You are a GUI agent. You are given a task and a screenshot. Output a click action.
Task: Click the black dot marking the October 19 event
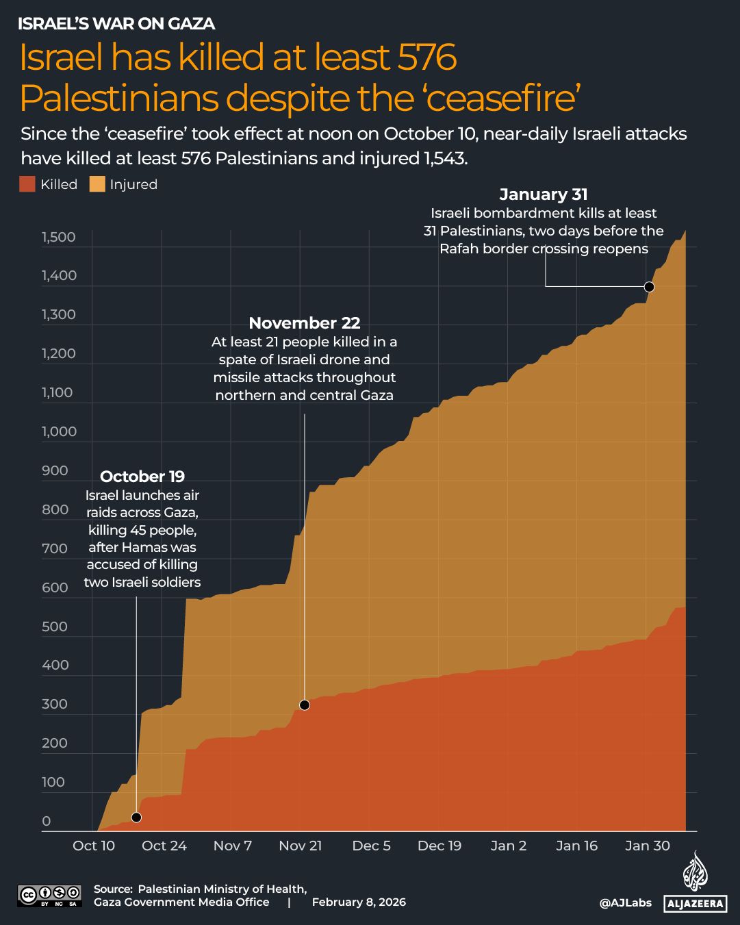[x=136, y=818]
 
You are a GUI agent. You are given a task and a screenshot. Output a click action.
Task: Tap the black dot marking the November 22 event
[x=305, y=705]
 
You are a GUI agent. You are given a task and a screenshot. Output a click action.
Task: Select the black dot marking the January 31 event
[x=649, y=287]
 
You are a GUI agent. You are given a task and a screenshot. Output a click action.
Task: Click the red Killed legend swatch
[x=27, y=184]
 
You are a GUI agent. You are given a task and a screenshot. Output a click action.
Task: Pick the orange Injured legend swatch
[x=97, y=184]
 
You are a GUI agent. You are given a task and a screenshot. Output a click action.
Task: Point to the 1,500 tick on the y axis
[x=59, y=238]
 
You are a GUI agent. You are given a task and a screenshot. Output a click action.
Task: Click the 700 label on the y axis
[x=55, y=548]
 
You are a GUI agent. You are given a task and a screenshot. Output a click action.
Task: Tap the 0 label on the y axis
[x=47, y=821]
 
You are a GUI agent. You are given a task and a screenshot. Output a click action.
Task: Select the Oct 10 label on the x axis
[x=94, y=846]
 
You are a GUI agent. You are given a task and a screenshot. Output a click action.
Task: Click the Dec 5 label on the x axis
[x=371, y=846]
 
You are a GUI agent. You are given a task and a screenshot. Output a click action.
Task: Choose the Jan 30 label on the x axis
[x=648, y=846]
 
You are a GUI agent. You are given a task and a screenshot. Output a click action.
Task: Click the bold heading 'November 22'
[x=304, y=323]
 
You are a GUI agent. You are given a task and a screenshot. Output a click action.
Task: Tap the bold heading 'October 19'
[x=142, y=477]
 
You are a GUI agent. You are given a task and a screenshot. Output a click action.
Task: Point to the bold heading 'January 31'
[x=544, y=194]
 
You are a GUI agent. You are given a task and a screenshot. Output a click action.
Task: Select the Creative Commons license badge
[x=49, y=895]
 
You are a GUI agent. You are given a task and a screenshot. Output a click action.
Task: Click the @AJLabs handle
[x=625, y=903]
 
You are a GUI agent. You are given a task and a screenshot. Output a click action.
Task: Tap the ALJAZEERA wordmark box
[x=695, y=904]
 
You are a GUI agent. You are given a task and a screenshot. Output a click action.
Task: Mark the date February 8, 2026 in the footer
[x=359, y=902]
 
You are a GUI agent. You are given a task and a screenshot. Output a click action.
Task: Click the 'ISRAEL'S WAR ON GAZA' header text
[x=116, y=24]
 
